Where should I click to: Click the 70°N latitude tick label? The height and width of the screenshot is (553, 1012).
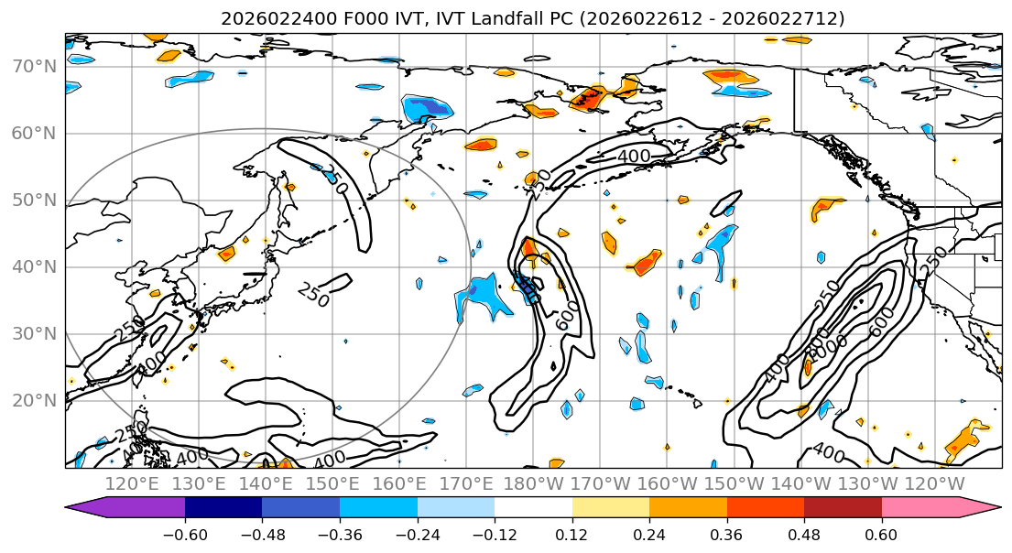tap(33, 66)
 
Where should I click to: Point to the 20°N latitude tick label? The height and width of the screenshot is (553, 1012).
tap(33, 400)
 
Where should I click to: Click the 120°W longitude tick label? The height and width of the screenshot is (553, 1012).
tap(933, 483)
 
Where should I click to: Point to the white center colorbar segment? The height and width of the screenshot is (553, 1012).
tap(533, 508)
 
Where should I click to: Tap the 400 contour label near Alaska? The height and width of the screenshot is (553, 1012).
tap(633, 157)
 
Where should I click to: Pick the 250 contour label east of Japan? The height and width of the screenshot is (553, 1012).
tap(313, 294)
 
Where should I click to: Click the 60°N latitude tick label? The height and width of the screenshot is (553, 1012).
tap(33, 133)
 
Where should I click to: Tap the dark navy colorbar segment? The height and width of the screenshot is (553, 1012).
tap(223, 508)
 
